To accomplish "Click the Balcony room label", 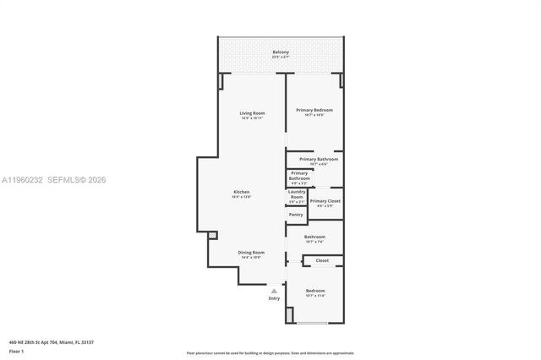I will click(281, 52).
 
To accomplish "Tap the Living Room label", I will click(252, 113).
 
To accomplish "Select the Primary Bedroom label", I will click(314, 111).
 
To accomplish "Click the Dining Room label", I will click(250, 252).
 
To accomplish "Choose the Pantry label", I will click(296, 237).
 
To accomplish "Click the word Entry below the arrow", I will click(274, 297).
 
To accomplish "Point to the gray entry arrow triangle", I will click(274, 291).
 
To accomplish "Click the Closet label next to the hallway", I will click(322, 261).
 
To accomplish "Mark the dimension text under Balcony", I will click(281, 58).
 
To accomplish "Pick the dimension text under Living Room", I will click(252, 118).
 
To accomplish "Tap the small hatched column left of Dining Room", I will click(211, 236).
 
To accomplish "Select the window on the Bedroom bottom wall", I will click(314, 323).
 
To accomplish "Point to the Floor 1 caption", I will click(17, 351).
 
